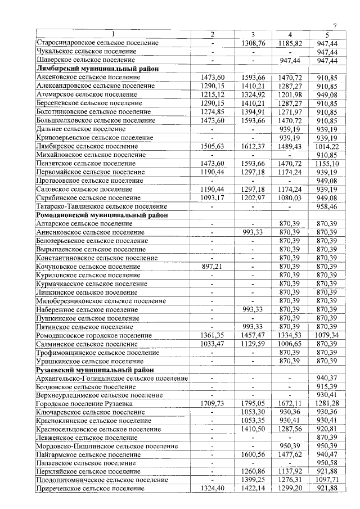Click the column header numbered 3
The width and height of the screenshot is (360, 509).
point(253,35)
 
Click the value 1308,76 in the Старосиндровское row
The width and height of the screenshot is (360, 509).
point(253,43)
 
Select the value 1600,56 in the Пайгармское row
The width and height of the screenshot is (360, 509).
point(253,454)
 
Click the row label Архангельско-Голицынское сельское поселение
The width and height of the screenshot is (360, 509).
point(112,379)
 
